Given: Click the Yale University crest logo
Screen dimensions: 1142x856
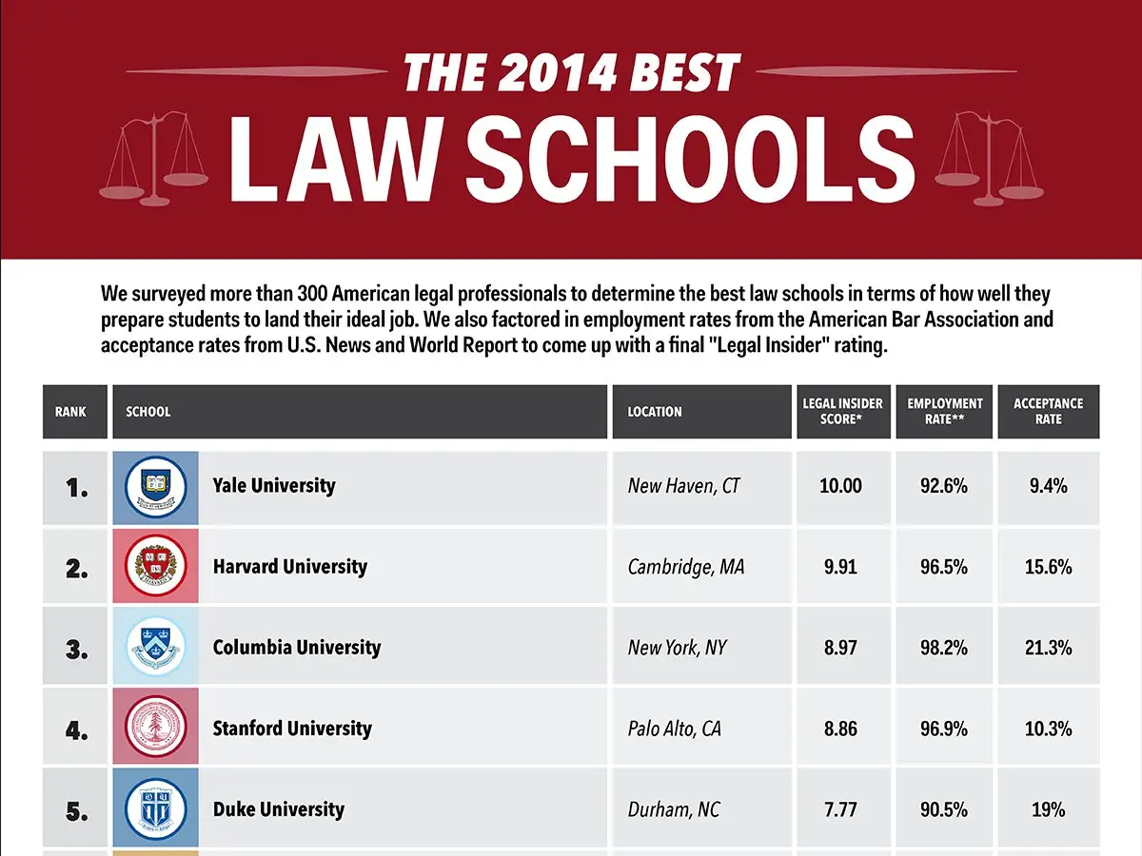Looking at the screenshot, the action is tap(155, 487).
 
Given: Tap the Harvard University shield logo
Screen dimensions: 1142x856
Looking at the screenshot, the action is tap(155, 566).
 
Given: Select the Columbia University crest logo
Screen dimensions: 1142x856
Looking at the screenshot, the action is tap(155, 646).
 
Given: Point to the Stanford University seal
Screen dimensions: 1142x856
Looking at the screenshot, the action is tap(155, 727).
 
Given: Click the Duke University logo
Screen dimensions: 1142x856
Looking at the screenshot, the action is tap(155, 808).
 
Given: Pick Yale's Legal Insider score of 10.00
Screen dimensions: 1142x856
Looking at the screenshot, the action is tap(840, 486).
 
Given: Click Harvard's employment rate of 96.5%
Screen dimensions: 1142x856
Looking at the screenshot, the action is tap(944, 567).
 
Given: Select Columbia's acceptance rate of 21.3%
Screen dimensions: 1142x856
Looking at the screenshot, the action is tap(1049, 648).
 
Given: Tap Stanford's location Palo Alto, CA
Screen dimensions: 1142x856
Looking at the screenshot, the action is tap(675, 729).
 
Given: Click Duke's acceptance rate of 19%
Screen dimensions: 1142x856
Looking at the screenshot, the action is tap(1049, 809).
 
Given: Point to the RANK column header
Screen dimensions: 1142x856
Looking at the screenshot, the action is tap(70, 412).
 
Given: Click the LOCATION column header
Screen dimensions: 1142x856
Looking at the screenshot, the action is tap(655, 412).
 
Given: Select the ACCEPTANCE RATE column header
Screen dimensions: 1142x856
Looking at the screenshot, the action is tap(1049, 411).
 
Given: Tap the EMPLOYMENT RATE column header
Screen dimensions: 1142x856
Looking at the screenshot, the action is tap(945, 411).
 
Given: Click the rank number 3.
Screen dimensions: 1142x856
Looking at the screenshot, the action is tap(76, 650).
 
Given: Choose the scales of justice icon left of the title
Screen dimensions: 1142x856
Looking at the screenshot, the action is tap(153, 159).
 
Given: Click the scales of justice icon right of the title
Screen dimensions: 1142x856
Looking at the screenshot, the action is tap(989, 159).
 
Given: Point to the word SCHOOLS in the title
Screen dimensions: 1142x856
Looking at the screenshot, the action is tap(690, 159).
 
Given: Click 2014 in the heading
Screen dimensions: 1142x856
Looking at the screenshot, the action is tap(559, 72).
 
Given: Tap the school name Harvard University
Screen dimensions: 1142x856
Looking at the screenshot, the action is tap(290, 566).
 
